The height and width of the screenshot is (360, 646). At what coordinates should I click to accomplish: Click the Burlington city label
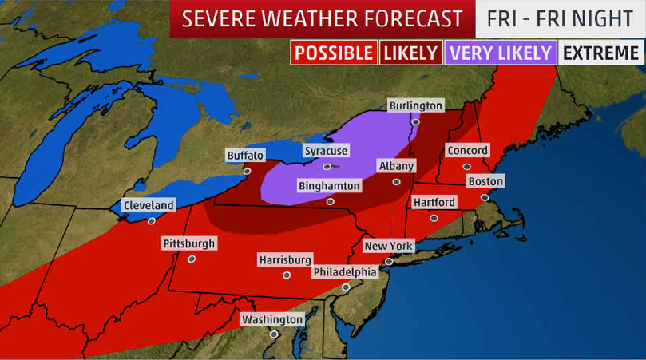pos(415,105)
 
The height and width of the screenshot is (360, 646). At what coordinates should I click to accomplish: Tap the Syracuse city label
pos(326,151)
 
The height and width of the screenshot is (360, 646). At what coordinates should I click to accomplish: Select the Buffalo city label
pos(245,155)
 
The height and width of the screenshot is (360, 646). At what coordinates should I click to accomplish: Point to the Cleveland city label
pos(149,205)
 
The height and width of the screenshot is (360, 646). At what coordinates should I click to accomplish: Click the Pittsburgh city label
pos(189,243)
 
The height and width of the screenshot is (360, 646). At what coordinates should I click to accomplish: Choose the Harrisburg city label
pos(285,259)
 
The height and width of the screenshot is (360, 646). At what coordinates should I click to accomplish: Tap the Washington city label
pos(273,319)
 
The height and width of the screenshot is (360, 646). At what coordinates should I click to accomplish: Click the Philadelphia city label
pos(345,271)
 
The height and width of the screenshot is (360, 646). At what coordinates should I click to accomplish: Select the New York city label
pos(388,246)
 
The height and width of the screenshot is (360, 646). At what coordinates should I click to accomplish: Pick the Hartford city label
pos(434,202)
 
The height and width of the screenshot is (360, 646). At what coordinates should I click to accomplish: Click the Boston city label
pos(485,181)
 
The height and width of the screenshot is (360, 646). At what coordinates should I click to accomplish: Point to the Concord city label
pos(467,151)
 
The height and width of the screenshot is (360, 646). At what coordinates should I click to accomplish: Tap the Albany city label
pos(396,166)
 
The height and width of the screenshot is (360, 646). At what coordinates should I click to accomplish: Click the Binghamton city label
pos(329,185)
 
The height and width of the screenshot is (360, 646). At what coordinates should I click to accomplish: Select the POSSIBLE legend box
pos(333,53)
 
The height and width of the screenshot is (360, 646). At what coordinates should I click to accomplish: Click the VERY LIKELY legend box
pos(500,53)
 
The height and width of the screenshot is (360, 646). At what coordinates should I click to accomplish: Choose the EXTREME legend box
pos(601,53)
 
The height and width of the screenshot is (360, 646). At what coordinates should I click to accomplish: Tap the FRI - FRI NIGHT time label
pos(560,18)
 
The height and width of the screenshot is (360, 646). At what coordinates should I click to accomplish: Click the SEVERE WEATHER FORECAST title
pos(322,18)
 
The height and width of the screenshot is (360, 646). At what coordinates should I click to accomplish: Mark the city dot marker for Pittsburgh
pos(192,259)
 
